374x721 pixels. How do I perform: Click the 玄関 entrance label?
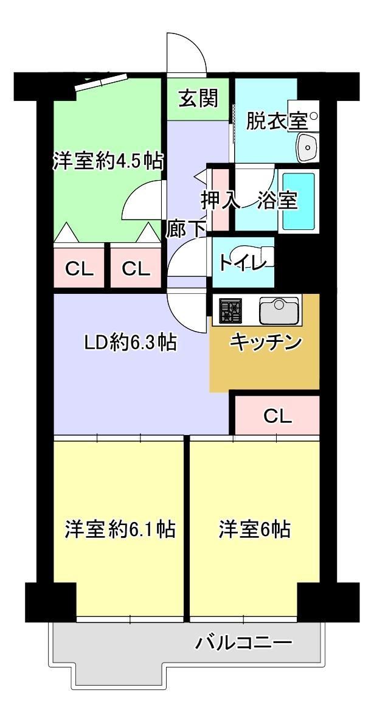(198, 98)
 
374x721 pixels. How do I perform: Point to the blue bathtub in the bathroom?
(299, 201)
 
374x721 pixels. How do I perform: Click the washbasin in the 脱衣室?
(307, 147)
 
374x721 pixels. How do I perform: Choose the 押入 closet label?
(220, 200)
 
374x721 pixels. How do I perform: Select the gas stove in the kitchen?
(230, 310)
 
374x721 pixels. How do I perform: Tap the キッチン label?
(266, 342)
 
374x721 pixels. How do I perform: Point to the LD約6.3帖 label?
(130, 342)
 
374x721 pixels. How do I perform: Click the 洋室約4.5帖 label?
(108, 161)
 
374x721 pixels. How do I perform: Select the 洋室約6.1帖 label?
(120, 529)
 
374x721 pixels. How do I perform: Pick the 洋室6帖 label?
(254, 529)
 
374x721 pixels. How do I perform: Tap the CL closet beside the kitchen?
(277, 416)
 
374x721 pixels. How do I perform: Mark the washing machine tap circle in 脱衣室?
(314, 116)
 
